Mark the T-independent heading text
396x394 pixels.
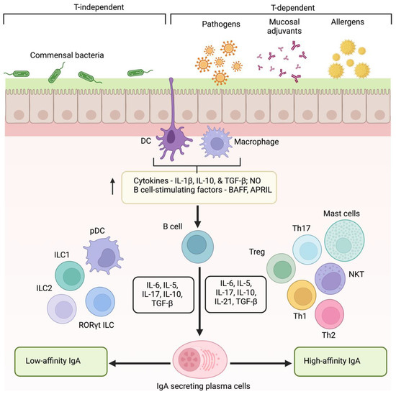[86, 6]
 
